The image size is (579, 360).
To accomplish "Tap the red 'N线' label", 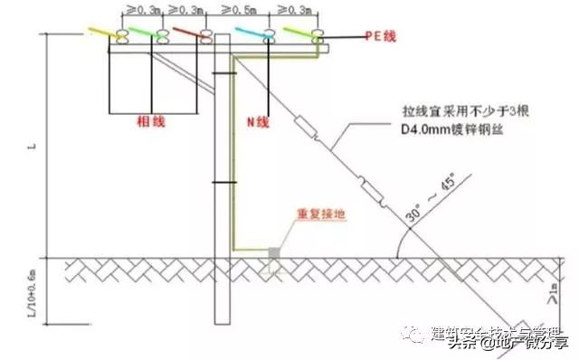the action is pyautogui.click(x=257, y=121).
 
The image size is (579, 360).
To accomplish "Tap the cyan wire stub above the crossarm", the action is pyautogui.click(x=251, y=33).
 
